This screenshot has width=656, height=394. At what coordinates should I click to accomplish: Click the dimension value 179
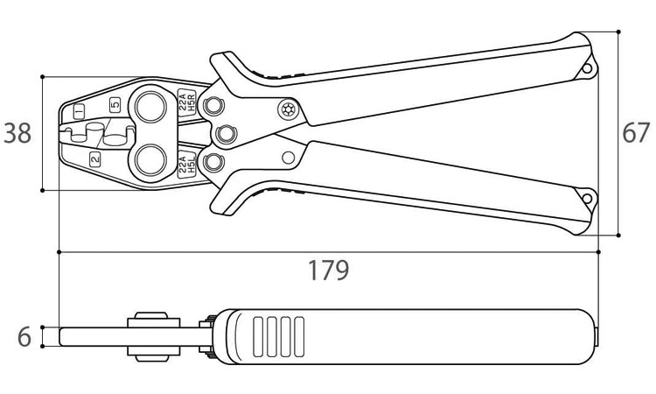(328, 271)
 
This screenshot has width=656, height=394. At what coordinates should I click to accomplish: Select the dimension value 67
(636, 133)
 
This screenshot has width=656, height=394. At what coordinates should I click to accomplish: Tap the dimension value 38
(17, 134)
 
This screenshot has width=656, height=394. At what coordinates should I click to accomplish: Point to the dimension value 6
(24, 337)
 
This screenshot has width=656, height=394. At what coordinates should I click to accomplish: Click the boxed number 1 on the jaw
(79, 111)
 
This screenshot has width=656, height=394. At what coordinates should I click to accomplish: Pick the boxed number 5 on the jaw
(115, 105)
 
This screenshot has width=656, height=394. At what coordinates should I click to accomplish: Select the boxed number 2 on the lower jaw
(95, 159)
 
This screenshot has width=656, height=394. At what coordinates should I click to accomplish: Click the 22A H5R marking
(187, 102)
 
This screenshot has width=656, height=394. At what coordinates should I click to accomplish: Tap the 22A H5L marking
(187, 165)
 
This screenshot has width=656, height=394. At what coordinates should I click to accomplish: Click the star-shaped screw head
(289, 109)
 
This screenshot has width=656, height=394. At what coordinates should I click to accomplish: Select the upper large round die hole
(150, 107)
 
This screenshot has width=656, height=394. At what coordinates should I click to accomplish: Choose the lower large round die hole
(150, 160)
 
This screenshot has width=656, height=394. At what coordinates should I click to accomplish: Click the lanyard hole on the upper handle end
(587, 67)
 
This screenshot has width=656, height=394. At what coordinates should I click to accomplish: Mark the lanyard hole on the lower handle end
(587, 199)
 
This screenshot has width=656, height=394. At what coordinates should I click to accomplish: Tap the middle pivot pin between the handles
(226, 135)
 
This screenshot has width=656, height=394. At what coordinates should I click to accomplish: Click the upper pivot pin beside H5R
(213, 106)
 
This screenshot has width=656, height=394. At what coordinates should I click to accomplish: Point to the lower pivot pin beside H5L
(213, 162)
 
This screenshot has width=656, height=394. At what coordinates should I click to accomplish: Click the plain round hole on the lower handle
(289, 158)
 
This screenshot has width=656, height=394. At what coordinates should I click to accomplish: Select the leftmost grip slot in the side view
(258, 336)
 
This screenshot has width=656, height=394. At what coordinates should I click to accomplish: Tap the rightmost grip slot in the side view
(299, 336)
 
